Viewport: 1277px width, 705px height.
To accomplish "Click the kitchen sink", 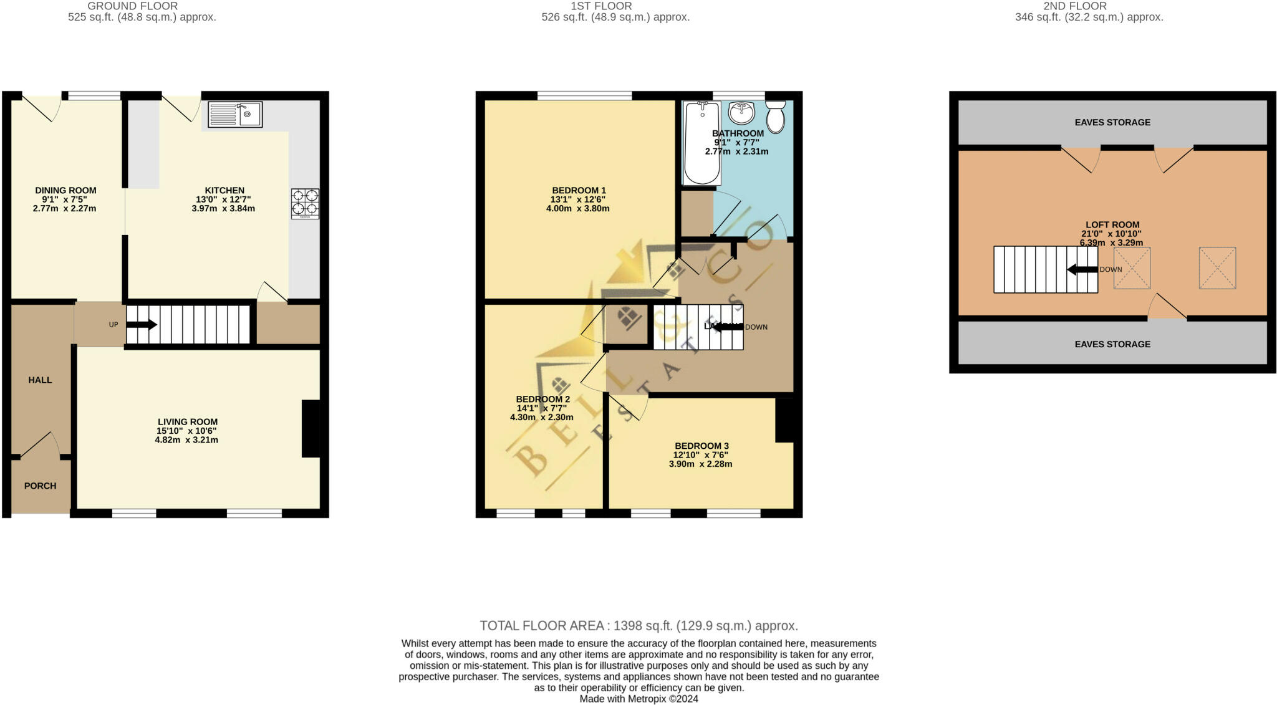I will (235, 115).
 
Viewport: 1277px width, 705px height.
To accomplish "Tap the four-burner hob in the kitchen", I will (305, 203).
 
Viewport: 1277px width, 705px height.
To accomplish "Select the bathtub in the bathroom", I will (701, 143).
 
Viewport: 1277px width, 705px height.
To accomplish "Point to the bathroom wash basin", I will (741, 113).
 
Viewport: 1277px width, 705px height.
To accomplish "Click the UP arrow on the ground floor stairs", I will (142, 324).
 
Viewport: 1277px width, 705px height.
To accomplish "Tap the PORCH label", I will (40, 486).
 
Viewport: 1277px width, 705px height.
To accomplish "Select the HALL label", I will (40, 380).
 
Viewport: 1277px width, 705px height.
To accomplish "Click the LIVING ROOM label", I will (187, 421).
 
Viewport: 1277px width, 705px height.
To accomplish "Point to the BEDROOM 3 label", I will (701, 446).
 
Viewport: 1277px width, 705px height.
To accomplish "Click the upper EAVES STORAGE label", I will (1112, 122).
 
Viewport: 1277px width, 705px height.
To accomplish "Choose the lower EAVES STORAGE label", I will (1112, 344).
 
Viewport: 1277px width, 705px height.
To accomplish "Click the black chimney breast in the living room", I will (311, 429).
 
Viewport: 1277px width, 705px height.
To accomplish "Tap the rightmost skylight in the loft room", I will (1217, 268).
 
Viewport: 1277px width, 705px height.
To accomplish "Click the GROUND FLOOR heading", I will (132, 6).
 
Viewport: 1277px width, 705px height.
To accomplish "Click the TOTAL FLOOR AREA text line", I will (638, 625).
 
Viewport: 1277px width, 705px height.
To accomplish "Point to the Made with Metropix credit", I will (638, 699).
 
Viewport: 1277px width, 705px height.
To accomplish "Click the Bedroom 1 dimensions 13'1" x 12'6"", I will (577, 199).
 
